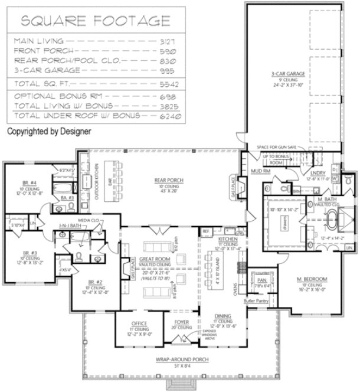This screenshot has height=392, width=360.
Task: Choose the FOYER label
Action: click(182, 322)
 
